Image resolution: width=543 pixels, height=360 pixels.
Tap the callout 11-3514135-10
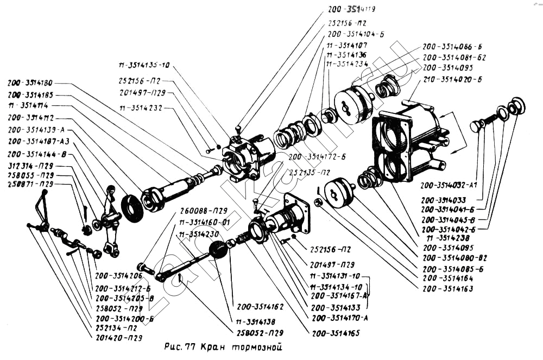point(144,65)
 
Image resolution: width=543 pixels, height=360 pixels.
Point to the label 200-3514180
point(30,84)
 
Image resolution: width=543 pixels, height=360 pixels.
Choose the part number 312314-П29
point(30,165)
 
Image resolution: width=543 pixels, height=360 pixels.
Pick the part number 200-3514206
point(118,276)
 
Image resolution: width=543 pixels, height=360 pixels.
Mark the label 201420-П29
point(119,338)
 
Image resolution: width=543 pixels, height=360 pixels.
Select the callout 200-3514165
point(336,333)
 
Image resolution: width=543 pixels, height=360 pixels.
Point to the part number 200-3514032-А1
point(452,185)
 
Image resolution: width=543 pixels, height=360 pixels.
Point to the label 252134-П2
point(116,329)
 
